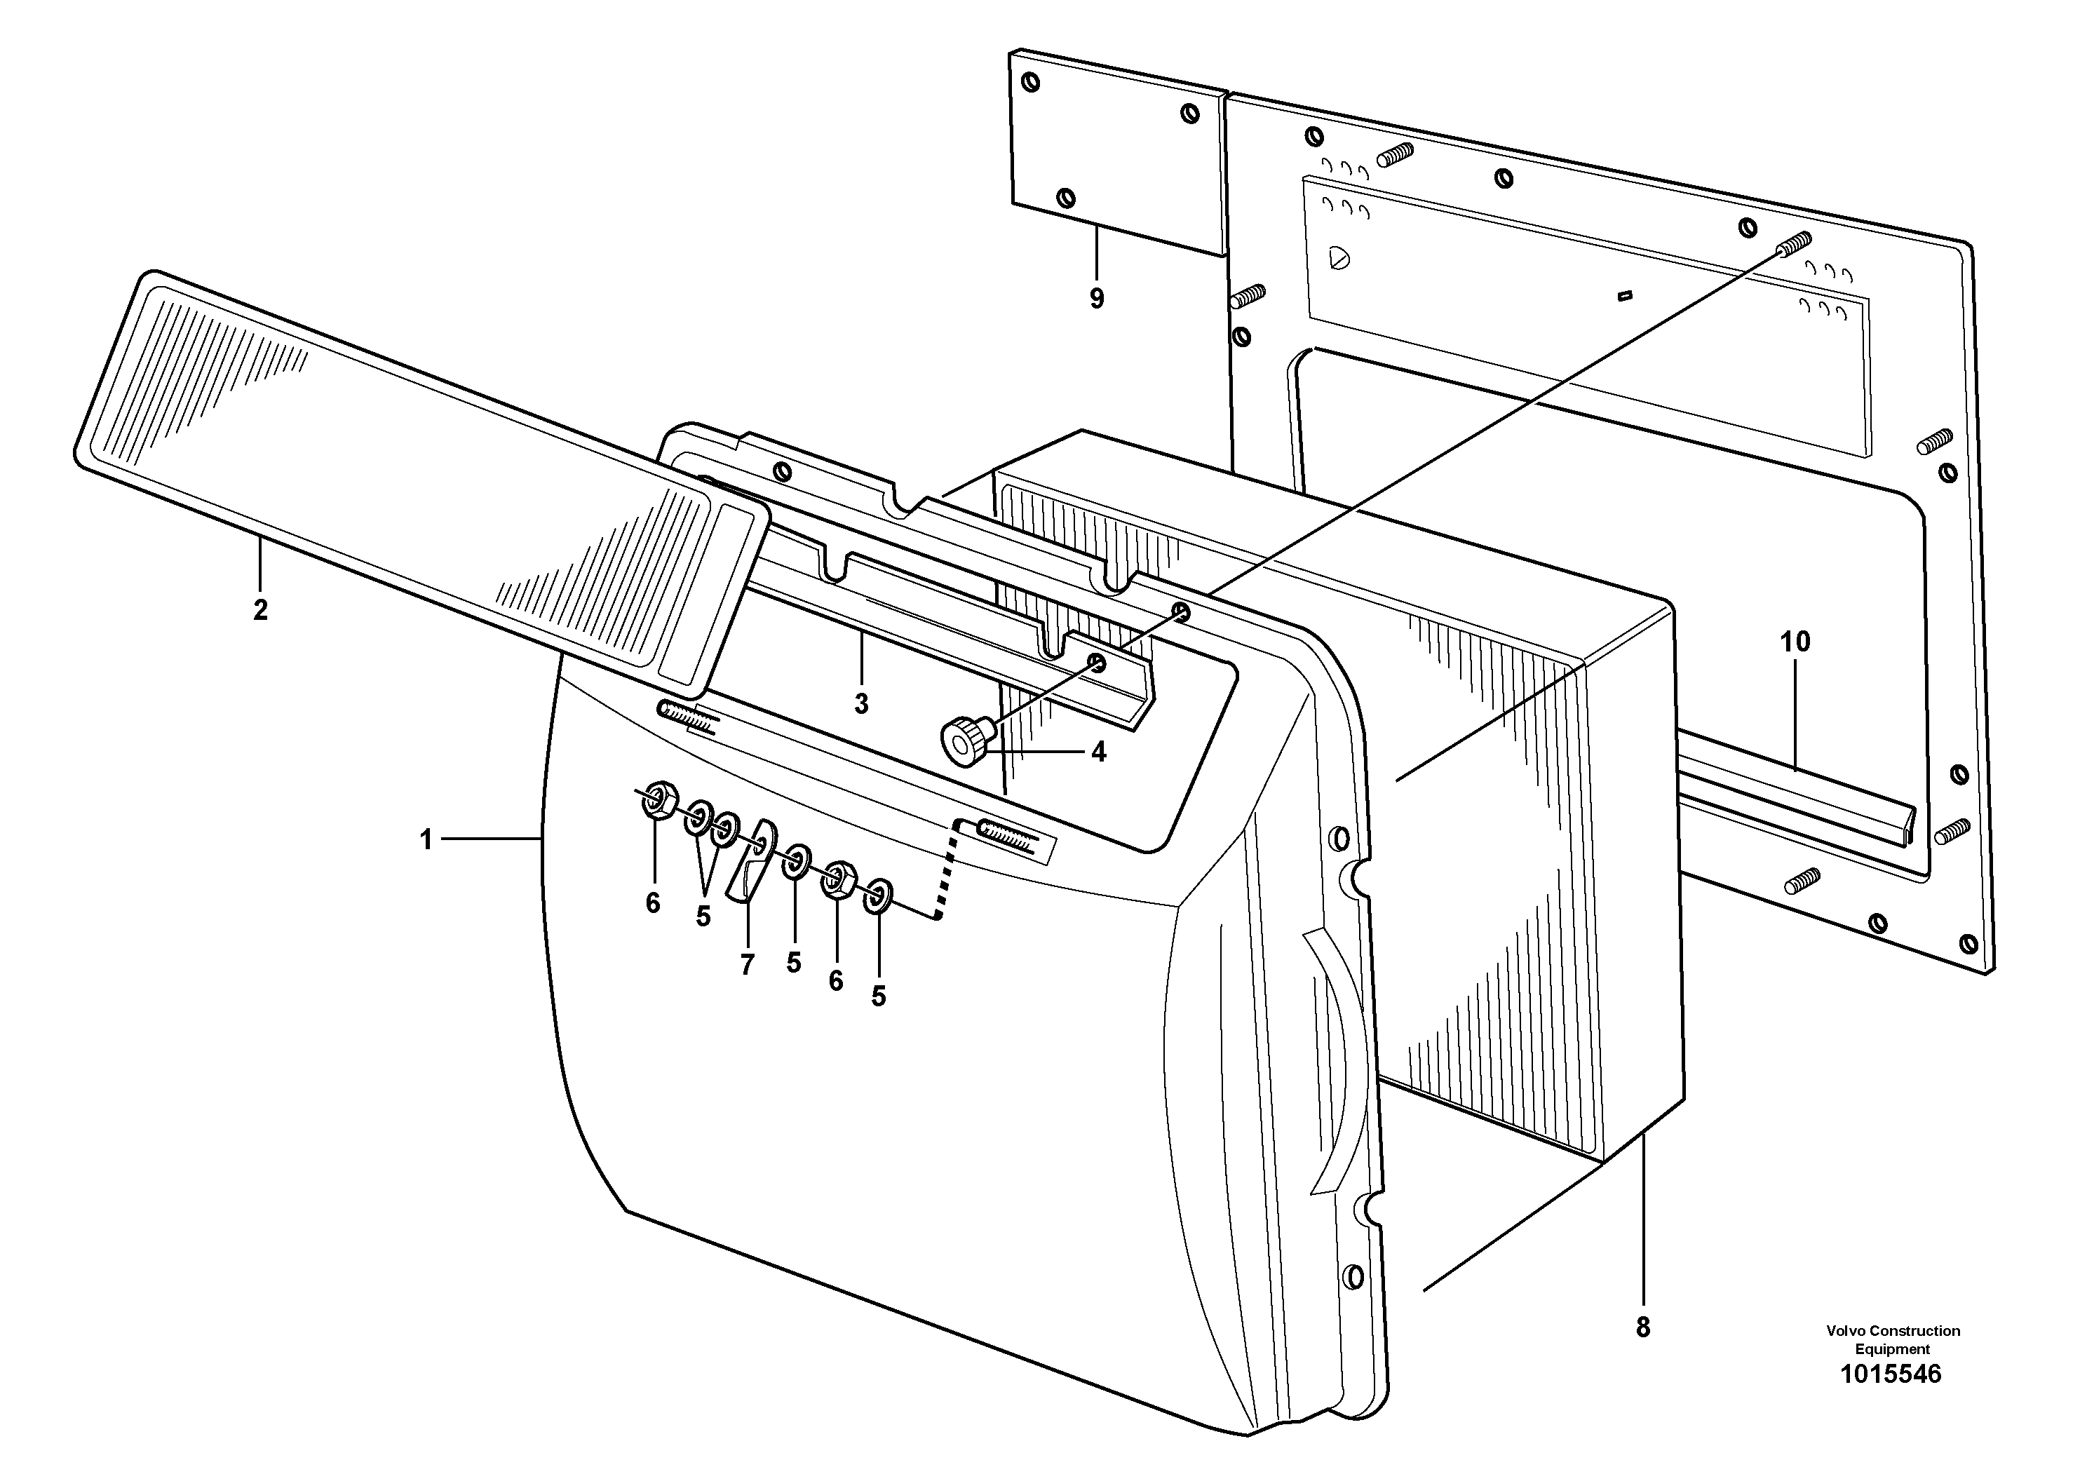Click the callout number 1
(426, 839)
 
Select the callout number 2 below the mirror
(260, 610)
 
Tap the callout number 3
(860, 703)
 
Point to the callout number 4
(1098, 752)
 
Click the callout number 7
(747, 965)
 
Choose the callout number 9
(1096, 298)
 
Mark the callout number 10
(1795, 642)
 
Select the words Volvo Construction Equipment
(1893, 1339)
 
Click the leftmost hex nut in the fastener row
(657, 799)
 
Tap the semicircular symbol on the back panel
(1339, 258)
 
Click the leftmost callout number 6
(653, 902)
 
